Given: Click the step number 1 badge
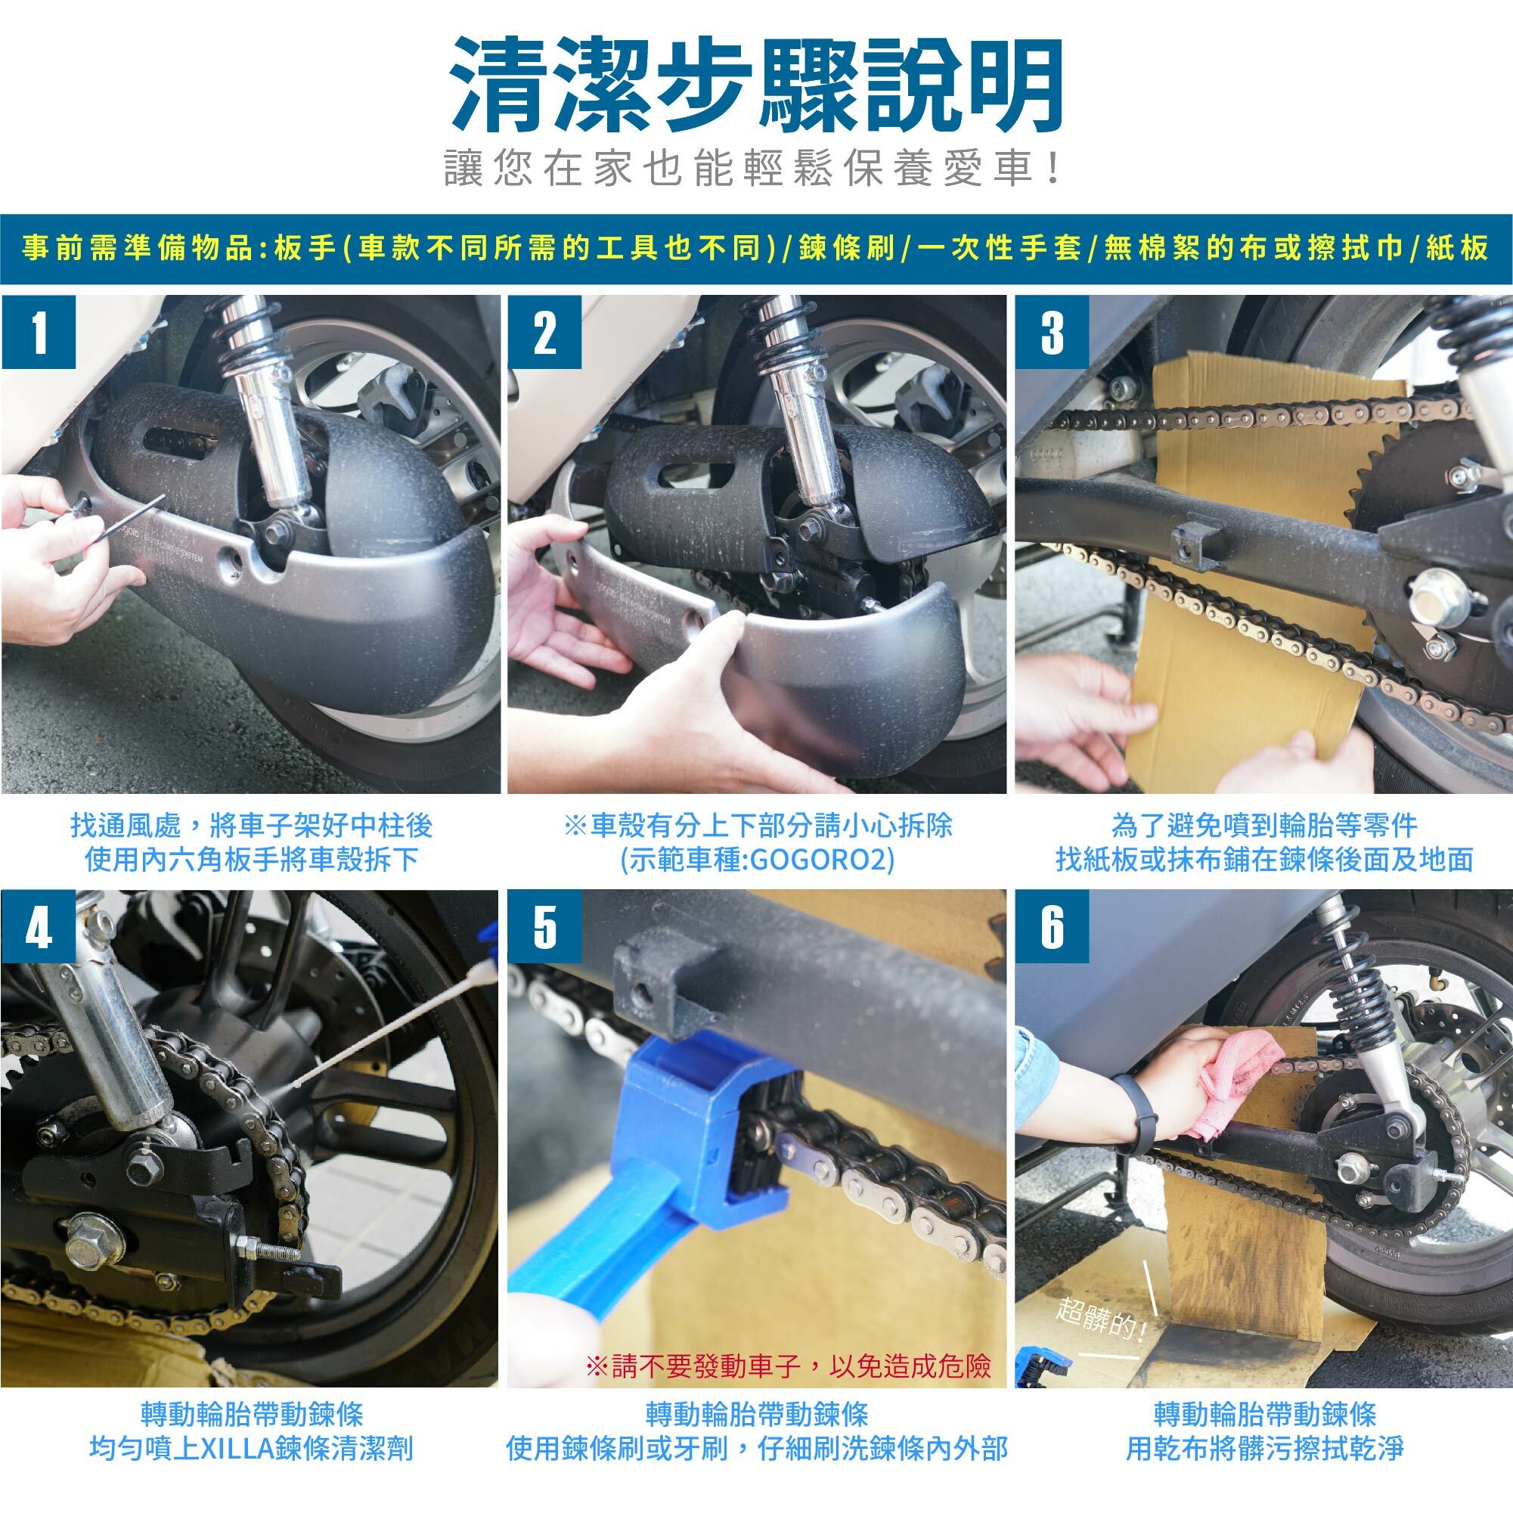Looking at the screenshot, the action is tap(39, 332).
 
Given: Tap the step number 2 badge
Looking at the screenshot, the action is tap(545, 332).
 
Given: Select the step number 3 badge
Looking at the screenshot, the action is tap(1053, 332).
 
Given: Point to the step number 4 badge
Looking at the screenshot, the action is tap(39, 927).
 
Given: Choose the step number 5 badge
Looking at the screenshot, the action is tap(545, 927).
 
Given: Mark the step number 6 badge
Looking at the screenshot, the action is tap(1053, 927).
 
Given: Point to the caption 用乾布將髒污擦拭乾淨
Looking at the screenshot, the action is tap(1265, 1449).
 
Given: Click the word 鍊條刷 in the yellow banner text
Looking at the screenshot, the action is tap(848, 248).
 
